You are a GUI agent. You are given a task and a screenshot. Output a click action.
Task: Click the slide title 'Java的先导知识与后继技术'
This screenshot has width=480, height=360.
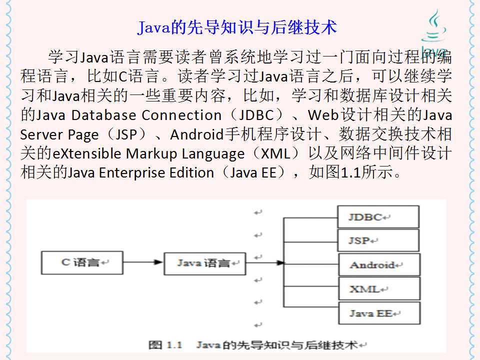coord(237,27)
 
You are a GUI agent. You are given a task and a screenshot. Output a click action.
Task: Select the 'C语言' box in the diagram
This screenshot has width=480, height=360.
coord(81,262)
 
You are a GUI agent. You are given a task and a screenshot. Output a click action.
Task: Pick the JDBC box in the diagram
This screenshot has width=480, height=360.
coord(378,217)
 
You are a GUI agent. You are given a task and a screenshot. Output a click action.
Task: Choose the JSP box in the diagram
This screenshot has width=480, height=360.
coord(378,240)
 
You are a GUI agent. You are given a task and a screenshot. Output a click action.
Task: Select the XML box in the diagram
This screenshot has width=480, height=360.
coord(378,289)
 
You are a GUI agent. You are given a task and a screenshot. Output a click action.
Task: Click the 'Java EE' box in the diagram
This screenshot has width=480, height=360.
coord(378,313)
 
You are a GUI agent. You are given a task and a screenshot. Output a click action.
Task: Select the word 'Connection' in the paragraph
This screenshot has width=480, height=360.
coord(181,115)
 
